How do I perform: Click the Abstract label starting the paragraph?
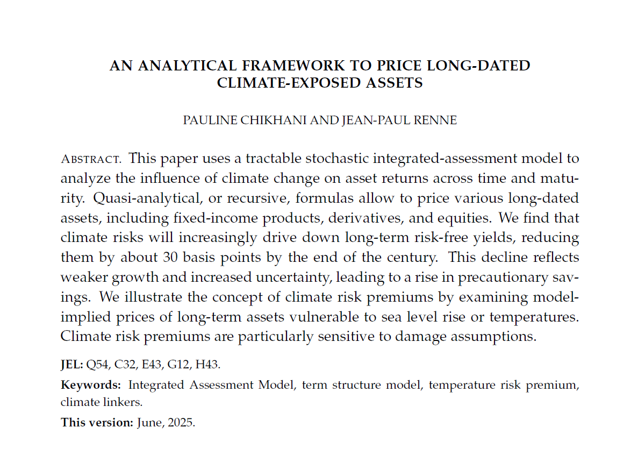[90, 159]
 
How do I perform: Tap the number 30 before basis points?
[171, 256]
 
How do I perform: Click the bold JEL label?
[72, 365]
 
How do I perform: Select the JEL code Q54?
[98, 365]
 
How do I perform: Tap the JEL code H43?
[207, 365]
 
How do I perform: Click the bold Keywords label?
[91, 385]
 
